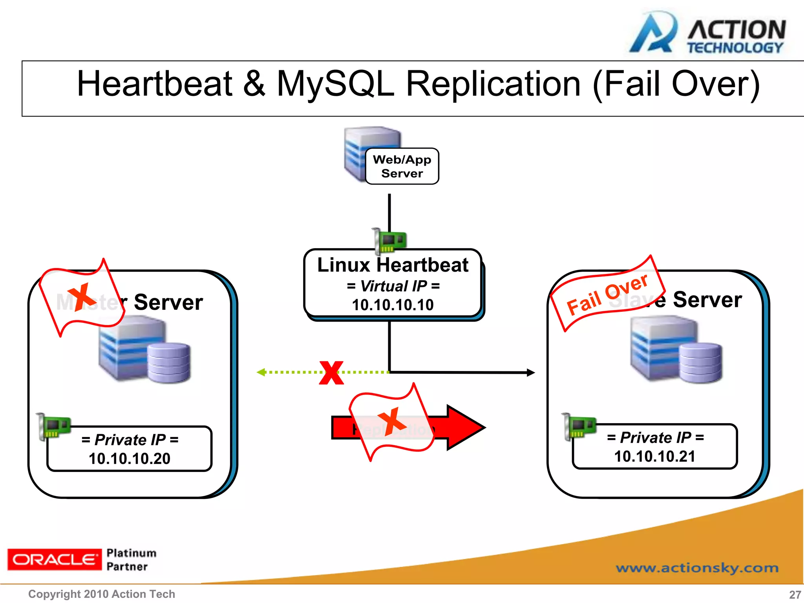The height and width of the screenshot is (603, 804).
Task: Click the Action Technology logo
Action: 707,33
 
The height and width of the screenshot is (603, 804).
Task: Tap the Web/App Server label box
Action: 402,166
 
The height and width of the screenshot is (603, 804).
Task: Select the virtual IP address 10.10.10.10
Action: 393,305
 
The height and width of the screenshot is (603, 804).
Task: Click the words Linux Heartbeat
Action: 393,265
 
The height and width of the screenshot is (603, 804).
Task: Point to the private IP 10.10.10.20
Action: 130,459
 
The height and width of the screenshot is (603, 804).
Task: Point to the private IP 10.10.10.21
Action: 654,456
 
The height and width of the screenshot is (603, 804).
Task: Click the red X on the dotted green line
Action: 331,373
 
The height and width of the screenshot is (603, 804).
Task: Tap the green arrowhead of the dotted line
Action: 261,372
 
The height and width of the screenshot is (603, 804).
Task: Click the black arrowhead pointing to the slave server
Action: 530,373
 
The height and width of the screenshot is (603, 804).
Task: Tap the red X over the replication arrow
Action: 391,421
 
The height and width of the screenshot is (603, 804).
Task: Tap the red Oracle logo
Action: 54,559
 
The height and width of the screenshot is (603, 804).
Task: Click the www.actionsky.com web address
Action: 697,568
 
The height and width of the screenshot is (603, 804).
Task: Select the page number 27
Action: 795,594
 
